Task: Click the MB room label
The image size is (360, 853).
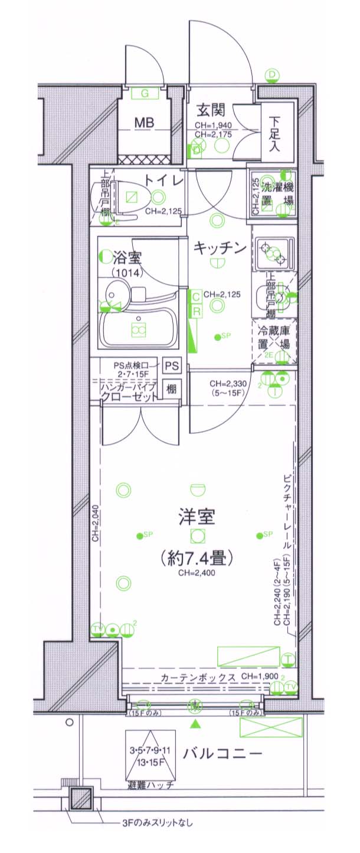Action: pos(144,123)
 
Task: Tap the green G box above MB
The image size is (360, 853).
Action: pos(144,93)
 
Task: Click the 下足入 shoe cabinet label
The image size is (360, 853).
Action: pos(275,132)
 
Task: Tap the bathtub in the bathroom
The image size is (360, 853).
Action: pos(139,329)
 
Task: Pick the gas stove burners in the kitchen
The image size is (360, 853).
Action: pos(273,253)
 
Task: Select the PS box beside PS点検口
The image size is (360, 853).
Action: pos(172,366)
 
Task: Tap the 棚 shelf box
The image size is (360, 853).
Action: pos(172,389)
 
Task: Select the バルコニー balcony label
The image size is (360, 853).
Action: pos(222,753)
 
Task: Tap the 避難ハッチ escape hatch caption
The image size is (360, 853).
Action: pos(149,786)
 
